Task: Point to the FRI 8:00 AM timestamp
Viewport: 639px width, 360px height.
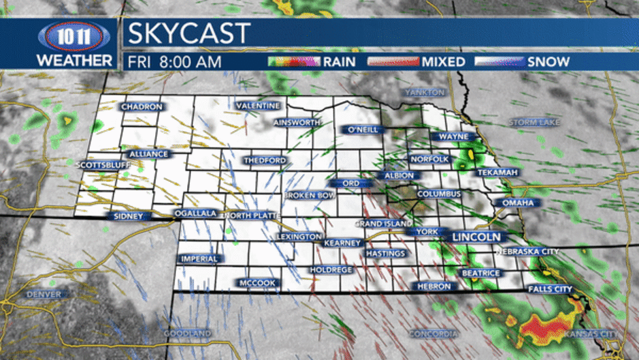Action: (174, 62)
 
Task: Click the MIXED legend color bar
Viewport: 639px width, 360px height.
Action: (393, 62)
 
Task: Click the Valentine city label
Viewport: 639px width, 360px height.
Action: (258, 106)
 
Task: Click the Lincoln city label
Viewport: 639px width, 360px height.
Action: (476, 237)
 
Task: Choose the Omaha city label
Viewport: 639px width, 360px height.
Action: (518, 203)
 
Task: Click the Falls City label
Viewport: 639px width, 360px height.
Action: (550, 289)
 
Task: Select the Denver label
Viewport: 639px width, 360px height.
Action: (44, 294)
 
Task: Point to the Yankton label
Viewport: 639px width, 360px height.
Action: (424, 93)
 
